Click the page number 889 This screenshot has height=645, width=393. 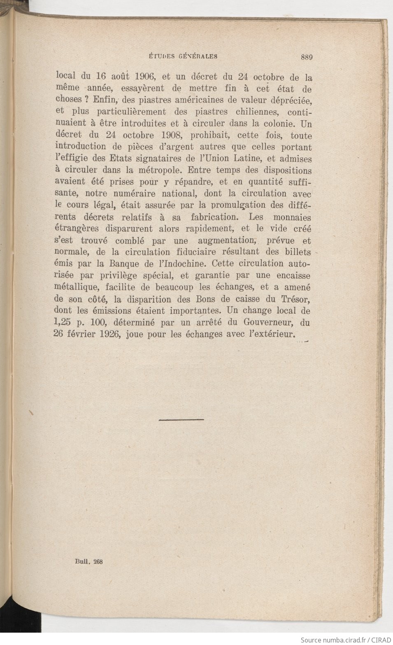coord(307,58)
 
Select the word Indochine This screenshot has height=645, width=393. coord(180,264)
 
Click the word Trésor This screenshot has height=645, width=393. coord(295,298)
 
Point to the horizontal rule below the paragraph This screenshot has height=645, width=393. coord(181,420)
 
